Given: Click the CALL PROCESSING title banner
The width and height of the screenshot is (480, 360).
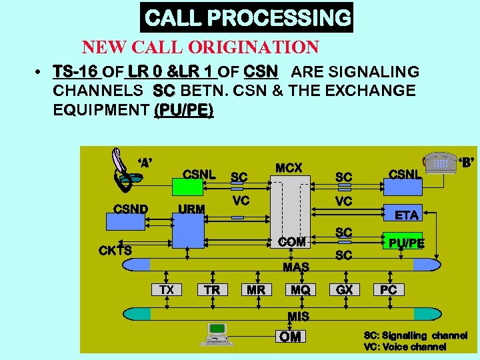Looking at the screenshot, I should coord(247,17).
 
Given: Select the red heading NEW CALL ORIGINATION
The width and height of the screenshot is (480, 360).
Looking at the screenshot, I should coord(200,47).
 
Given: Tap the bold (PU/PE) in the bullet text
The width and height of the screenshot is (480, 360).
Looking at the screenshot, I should coord(183,109).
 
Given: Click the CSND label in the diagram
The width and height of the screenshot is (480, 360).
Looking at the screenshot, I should coord(131,209).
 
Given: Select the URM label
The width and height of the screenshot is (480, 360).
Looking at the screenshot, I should coord(191,209).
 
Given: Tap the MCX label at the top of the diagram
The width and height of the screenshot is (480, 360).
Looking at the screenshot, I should coord(289,168).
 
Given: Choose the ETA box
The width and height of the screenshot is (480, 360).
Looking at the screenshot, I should coord(406,215).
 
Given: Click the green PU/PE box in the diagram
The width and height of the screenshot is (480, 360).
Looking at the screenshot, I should coord(406,243).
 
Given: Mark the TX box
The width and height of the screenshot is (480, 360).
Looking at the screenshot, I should coord(167,289).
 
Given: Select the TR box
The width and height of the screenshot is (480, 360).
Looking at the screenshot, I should coord(212,289).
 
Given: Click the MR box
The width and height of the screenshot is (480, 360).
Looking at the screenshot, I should coord(256,289).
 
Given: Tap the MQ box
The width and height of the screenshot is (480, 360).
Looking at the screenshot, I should coord(300,289).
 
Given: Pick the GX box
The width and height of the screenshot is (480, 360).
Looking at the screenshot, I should coord(345,289).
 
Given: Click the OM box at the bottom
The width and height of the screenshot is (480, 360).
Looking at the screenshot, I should coord(290,337).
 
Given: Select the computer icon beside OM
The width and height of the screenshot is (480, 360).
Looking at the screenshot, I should coord(217,333).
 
